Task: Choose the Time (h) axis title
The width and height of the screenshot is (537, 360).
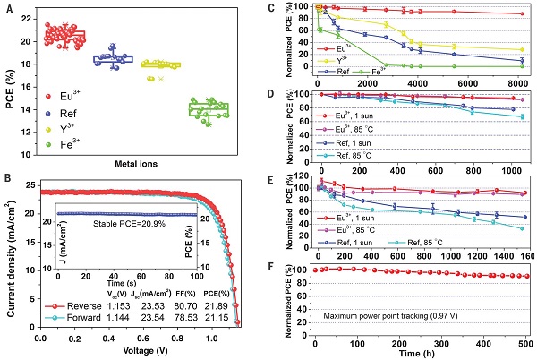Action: click(x=420, y=353)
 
